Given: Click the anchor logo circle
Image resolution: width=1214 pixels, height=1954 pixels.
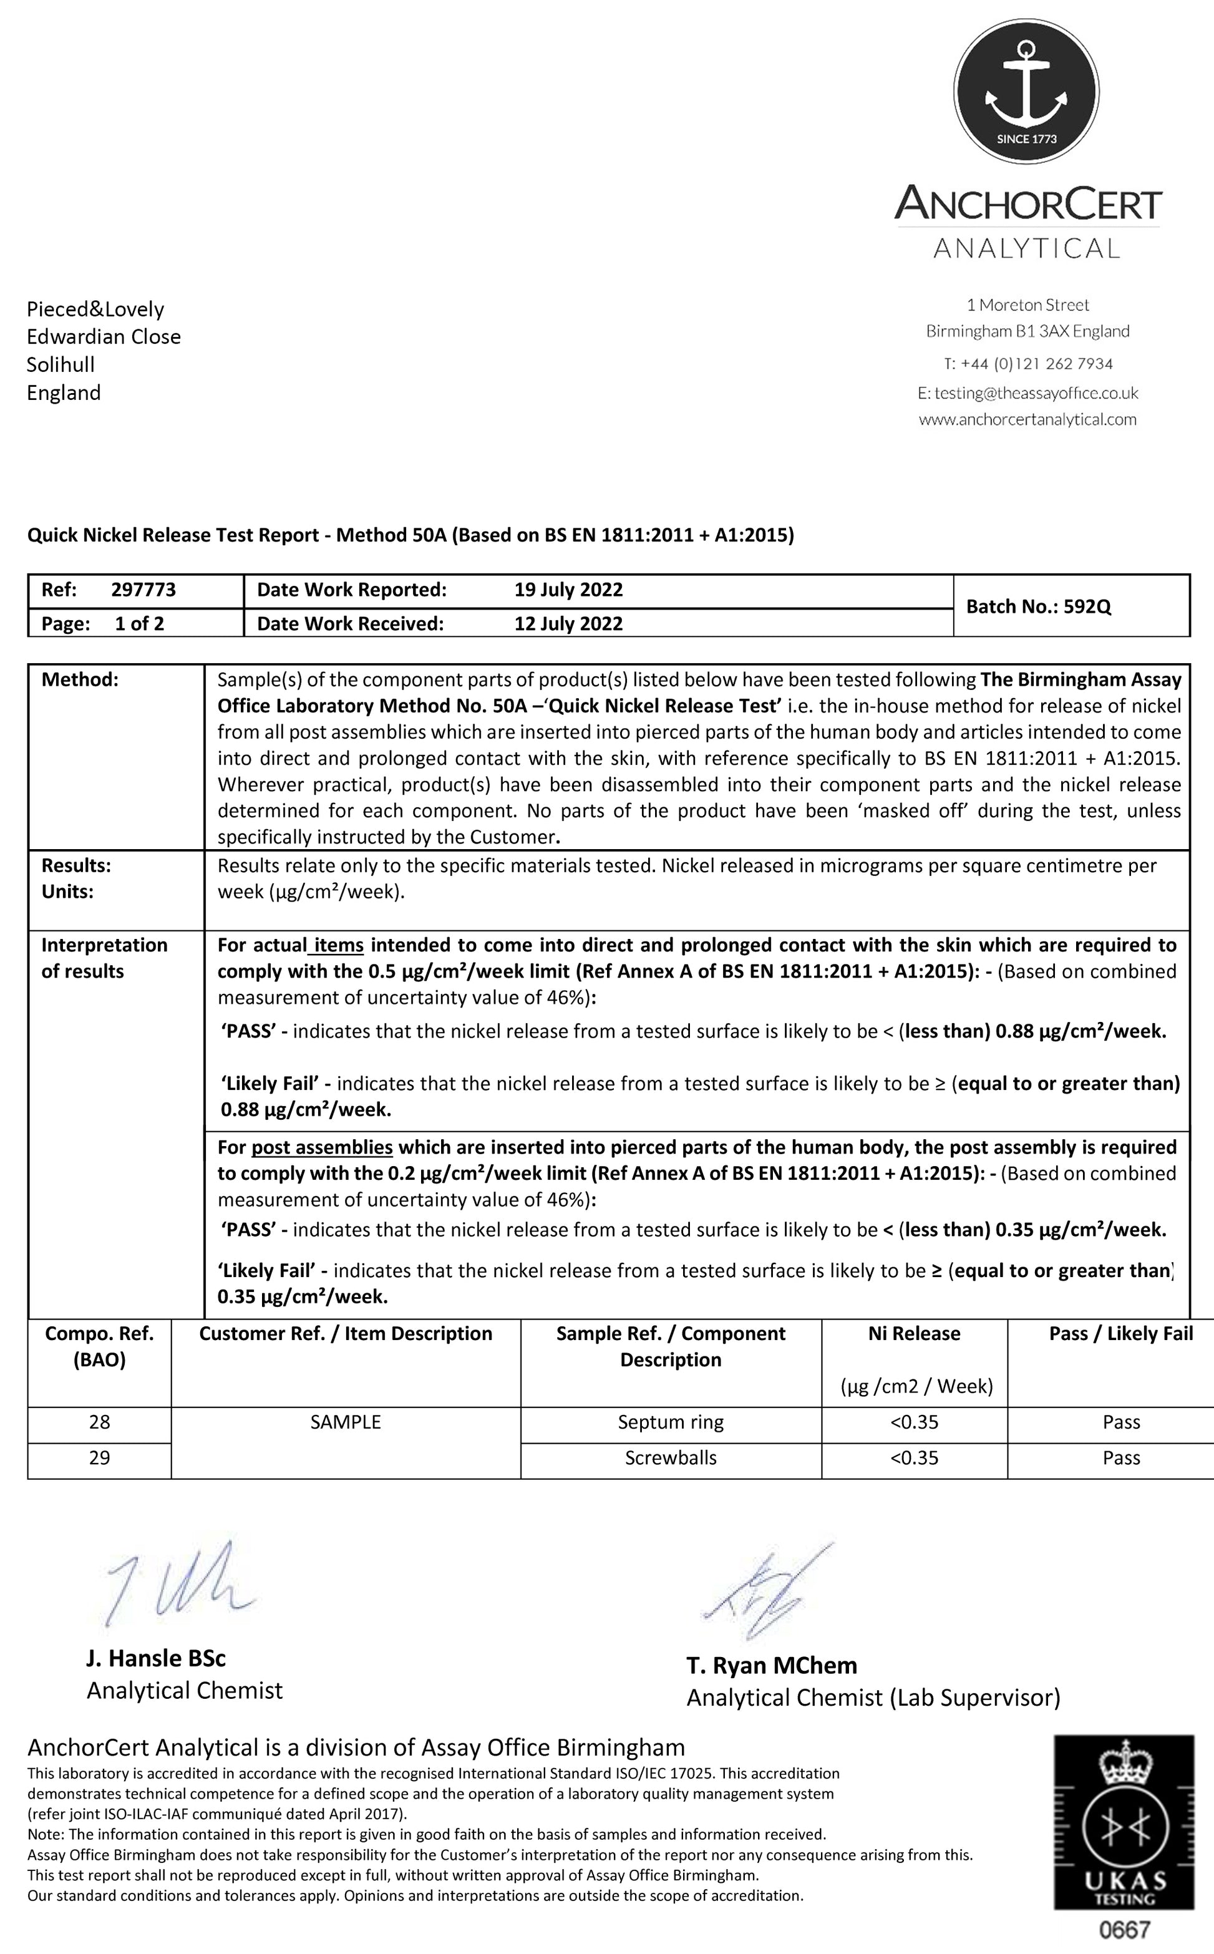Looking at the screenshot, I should (1026, 89).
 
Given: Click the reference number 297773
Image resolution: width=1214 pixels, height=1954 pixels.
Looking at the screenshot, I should (143, 590).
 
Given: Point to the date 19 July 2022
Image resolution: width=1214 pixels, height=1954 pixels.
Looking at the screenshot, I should (568, 590).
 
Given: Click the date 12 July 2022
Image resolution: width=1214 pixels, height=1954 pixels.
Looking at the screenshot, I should (568, 624).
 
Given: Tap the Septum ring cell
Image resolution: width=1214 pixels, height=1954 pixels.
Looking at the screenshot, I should (671, 1422).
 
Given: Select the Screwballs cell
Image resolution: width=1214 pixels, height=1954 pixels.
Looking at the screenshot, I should (671, 1458).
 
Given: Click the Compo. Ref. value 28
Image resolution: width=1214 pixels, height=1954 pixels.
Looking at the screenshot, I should (100, 1422).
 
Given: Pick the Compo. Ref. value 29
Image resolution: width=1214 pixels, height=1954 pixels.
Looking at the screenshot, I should (100, 1458).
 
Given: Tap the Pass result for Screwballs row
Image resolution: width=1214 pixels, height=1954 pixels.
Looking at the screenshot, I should (1121, 1458).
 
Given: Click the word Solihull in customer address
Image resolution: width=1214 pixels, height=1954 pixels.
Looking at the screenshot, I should (61, 365).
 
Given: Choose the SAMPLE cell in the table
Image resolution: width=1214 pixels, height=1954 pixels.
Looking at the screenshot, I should (345, 1422).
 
